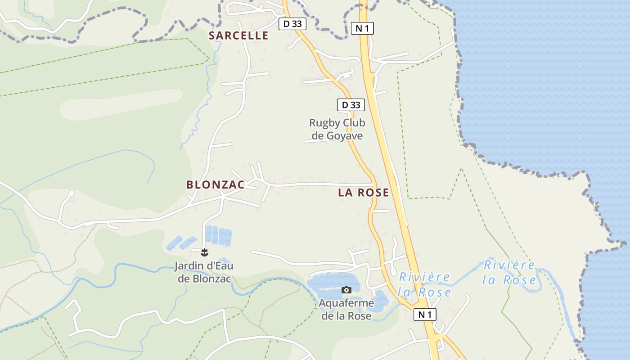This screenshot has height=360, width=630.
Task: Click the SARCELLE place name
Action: point(238,36)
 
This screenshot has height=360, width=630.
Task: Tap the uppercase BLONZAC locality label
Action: point(216,184)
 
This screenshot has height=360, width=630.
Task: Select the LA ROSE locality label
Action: point(363,193)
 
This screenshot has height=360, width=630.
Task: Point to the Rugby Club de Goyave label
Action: point(337,129)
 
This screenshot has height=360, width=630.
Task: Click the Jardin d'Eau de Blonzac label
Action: point(204,272)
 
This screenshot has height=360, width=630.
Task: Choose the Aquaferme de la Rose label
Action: point(346,309)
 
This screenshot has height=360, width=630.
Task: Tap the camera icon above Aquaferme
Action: point(346,290)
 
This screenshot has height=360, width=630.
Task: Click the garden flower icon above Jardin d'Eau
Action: point(205,252)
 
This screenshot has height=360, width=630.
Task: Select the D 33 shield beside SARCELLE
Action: point(292,24)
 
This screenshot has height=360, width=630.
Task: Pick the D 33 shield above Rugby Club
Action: point(351,105)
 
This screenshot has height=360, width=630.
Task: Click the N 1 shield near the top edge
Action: point(362,28)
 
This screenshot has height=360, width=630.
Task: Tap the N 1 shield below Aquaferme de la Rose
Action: point(425,315)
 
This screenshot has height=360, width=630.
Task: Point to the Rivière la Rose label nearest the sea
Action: point(509,272)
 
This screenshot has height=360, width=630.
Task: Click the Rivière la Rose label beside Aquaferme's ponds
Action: point(424,284)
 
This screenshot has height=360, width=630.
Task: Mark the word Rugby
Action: point(324,123)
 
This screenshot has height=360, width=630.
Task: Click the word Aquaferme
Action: point(346,303)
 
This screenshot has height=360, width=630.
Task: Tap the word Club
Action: point(354,123)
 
